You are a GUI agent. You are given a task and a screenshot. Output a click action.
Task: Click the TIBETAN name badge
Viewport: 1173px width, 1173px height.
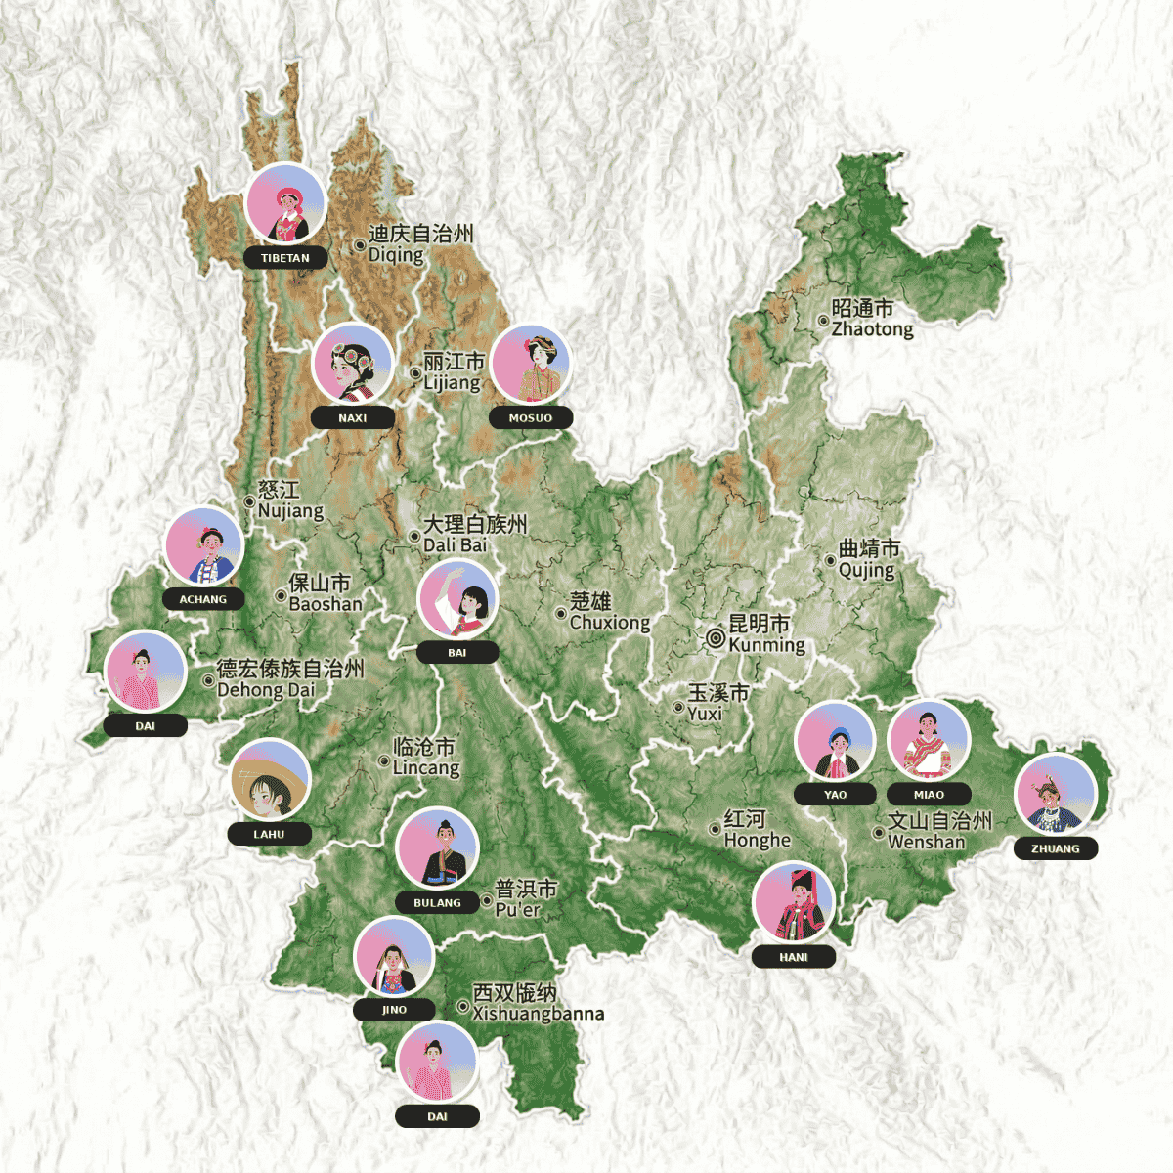click(285, 259)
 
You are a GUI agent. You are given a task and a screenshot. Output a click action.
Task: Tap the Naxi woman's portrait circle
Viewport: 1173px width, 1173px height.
click(353, 363)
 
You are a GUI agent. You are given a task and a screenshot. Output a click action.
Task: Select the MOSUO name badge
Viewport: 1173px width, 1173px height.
click(531, 418)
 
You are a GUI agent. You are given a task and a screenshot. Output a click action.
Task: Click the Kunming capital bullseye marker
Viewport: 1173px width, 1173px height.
click(716, 639)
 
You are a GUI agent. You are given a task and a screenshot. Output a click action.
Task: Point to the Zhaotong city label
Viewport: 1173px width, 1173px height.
click(872, 319)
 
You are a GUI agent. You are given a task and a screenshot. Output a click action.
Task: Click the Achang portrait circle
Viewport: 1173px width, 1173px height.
click(203, 545)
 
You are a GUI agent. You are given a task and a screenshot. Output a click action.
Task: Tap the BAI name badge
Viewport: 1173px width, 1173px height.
click(457, 653)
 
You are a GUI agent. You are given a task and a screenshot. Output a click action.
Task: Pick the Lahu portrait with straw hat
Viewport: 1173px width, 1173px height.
click(270, 779)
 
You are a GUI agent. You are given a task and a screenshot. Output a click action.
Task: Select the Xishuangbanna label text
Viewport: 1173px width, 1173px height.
click(537, 1004)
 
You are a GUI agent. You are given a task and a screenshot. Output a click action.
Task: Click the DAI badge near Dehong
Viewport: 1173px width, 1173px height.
click(146, 726)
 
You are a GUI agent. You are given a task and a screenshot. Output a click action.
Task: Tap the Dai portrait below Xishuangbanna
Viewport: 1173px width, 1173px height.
click(437, 1062)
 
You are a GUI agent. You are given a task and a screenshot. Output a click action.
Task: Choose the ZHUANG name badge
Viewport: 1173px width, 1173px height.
click(1056, 849)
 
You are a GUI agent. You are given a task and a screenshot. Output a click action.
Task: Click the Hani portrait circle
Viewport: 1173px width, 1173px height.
click(794, 901)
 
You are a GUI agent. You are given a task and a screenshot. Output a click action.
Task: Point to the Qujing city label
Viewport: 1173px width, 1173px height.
click(868, 559)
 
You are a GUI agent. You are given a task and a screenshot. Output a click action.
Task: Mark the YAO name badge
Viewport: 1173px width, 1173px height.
click(836, 795)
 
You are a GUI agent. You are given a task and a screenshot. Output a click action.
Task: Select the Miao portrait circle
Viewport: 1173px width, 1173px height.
click(929, 740)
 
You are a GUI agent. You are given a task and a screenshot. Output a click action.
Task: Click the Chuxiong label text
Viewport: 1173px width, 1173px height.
click(608, 612)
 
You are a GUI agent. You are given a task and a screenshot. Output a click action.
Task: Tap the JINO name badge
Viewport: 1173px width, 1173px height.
click(394, 1010)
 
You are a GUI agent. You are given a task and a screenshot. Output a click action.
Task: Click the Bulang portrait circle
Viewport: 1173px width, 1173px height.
click(437, 847)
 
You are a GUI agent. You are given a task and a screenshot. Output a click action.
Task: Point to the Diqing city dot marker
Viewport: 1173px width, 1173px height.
click(360, 244)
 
